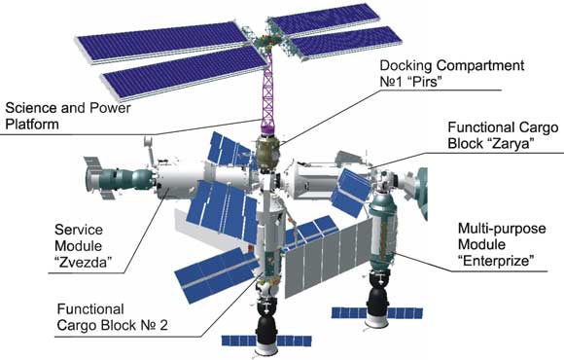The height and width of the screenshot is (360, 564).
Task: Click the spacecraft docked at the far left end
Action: (104, 178)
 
